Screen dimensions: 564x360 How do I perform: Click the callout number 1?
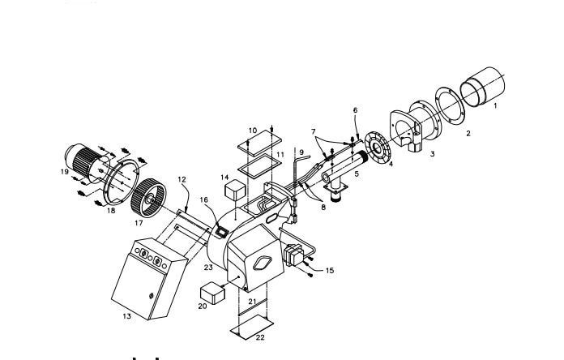point(495,106)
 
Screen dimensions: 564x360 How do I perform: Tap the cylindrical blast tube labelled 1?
point(483,86)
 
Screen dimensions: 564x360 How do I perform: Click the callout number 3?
point(433,154)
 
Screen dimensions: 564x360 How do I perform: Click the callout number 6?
point(356,110)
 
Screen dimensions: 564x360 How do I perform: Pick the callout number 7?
point(314,131)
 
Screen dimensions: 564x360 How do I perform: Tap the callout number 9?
point(301,152)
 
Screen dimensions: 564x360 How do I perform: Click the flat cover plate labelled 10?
point(259,143)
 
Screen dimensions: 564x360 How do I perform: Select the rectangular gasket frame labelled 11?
point(259,166)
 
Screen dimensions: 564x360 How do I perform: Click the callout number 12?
point(182,179)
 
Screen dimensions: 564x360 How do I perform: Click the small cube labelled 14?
point(235,191)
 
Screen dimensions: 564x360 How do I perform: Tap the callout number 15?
point(330,270)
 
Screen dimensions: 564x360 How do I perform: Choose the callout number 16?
point(204,199)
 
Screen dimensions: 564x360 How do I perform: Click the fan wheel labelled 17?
point(148,200)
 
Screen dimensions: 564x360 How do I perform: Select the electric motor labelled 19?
point(88,163)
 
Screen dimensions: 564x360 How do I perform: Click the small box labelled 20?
point(212,294)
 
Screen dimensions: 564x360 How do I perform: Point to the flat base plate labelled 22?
point(252,327)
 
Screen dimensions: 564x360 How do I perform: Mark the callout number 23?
point(208,268)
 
